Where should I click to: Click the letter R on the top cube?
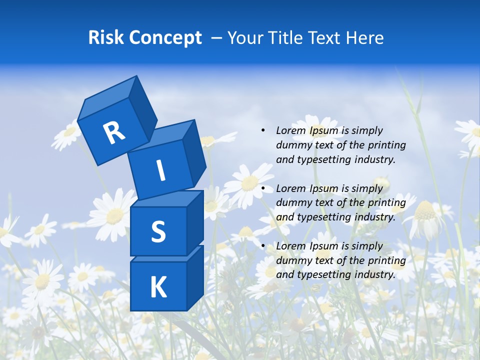tap(114, 132)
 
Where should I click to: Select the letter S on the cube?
tap(158, 231)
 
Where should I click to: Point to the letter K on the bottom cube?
tap(158, 287)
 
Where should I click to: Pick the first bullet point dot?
tap(263, 130)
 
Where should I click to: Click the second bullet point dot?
tap(263, 188)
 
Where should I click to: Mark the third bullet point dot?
tap(263, 246)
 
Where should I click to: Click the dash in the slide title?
tap(217, 37)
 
